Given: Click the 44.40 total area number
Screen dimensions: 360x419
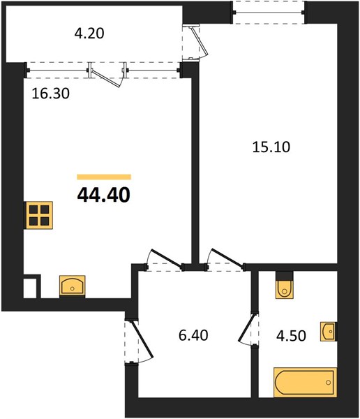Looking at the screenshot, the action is click(x=104, y=195).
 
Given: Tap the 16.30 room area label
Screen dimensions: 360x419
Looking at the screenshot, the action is click(x=50, y=94).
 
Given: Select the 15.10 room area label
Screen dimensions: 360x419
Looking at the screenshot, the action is click(x=271, y=147).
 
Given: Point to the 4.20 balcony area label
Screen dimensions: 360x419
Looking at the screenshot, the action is click(x=89, y=34).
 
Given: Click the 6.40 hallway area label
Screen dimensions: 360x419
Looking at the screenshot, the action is click(x=193, y=335).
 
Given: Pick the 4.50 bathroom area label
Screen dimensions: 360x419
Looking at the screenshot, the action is click(x=291, y=336).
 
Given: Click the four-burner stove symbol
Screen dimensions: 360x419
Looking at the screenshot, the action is click(x=39, y=215).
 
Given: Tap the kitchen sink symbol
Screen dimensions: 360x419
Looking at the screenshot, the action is click(x=72, y=286).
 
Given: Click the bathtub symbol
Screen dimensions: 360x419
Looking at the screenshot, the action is click(x=305, y=382).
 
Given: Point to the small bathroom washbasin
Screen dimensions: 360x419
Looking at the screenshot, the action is click(x=329, y=331).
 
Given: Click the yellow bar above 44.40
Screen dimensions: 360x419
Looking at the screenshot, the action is click(x=104, y=177).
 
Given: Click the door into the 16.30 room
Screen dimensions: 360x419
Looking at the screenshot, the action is click(x=166, y=258).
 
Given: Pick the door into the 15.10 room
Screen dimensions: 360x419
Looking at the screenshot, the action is click(x=226, y=258).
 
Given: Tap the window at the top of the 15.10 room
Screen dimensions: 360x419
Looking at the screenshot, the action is click(x=268, y=13).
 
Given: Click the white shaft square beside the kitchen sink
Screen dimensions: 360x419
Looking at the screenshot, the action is click(x=29, y=288).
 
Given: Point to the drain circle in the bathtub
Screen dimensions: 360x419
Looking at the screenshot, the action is click(x=328, y=383).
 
